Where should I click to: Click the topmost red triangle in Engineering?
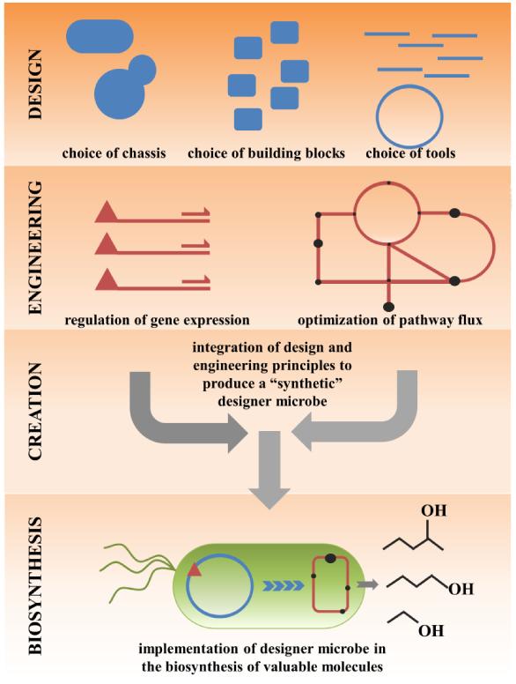[x=106, y=212]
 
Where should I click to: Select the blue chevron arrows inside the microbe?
[x=282, y=584]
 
